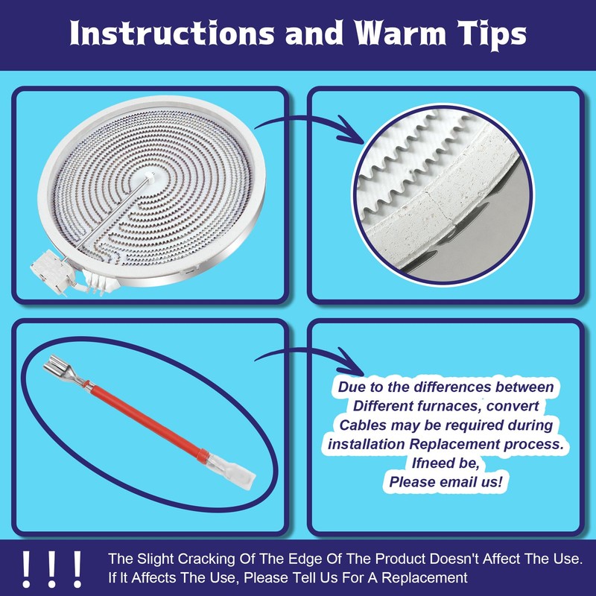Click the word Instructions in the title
[171, 33]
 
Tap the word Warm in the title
[400, 33]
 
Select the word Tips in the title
[492, 35]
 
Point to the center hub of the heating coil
[150, 176]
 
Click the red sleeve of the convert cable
[145, 422]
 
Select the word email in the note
[459, 482]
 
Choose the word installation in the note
[367, 444]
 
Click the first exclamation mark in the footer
[26, 569]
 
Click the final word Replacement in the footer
[425, 578]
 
